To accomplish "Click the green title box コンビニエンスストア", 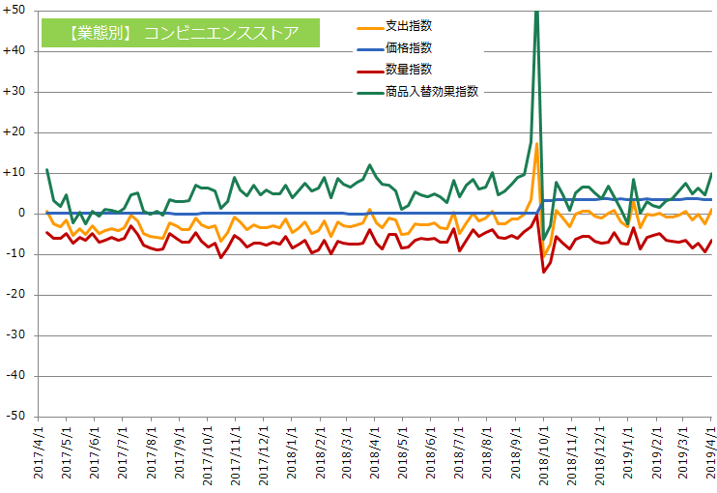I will pos(181,33).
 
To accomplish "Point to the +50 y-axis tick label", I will pos(14,11).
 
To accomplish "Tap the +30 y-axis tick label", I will pos(14,92).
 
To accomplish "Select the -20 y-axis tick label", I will pos(15,295).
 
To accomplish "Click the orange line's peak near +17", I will pos(536,144).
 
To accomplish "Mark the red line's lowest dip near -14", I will pos(543,272).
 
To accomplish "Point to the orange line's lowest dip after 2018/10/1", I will pos(544,256).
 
